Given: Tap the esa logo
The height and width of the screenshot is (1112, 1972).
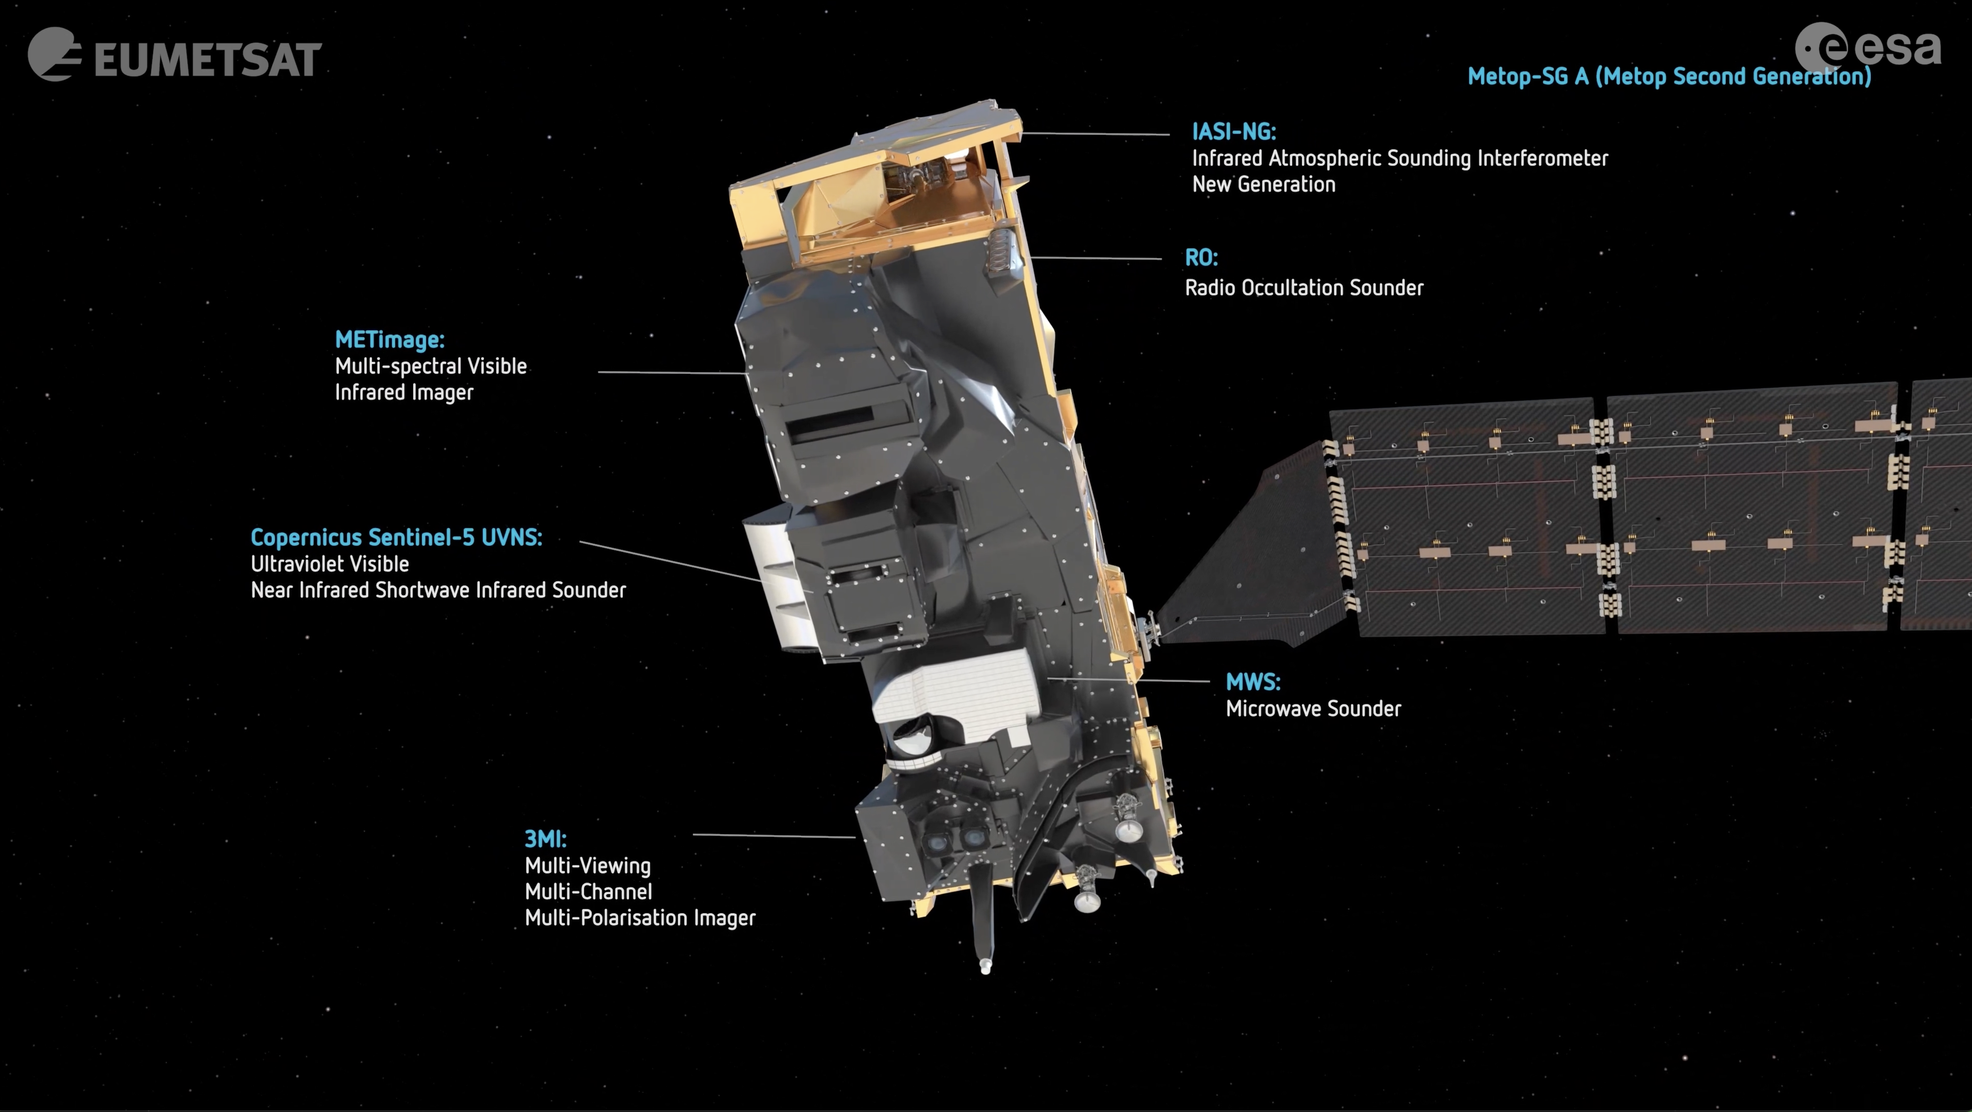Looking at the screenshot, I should [1868, 47].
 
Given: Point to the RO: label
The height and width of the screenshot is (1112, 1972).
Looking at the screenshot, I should [1201, 258].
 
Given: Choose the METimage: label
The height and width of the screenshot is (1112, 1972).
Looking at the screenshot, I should [390, 340].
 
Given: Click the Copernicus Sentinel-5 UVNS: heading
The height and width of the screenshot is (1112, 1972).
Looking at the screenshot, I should [396, 537].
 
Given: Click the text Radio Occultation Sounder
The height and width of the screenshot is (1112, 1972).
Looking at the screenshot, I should [1304, 288].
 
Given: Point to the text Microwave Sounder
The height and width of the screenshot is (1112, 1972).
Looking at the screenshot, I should [1313, 709].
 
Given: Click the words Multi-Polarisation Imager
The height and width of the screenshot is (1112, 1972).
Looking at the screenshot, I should [640, 918].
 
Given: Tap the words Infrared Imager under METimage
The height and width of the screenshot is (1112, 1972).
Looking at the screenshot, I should [404, 393].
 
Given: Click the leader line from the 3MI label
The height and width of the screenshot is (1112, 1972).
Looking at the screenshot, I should [773, 836].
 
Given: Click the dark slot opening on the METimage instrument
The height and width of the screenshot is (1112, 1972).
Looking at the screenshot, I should [831, 422].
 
